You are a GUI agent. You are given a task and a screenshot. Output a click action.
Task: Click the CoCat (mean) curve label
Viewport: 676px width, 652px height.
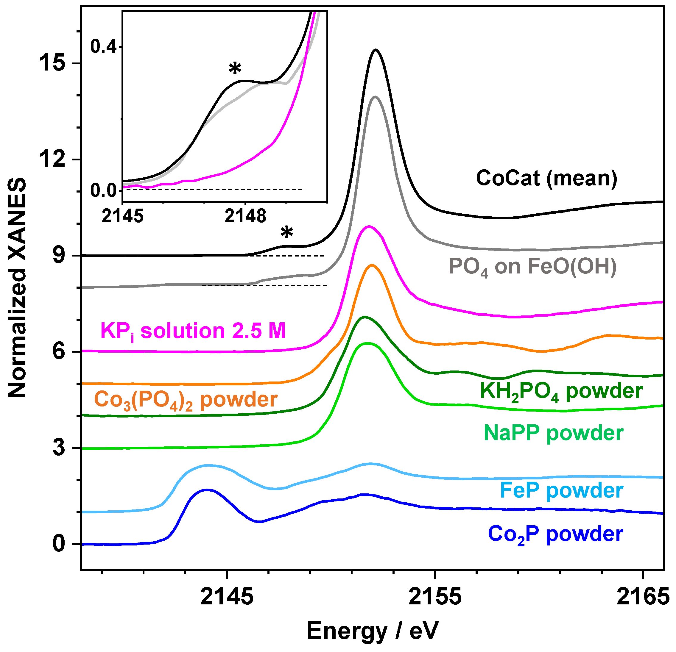pyautogui.click(x=546, y=179)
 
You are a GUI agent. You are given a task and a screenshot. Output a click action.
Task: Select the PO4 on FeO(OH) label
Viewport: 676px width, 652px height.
pyautogui.click(x=532, y=267)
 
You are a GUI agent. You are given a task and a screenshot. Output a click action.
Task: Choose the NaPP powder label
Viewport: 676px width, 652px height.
pyautogui.click(x=553, y=433)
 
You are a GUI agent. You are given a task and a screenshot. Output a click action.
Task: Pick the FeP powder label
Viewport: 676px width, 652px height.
pyautogui.click(x=561, y=491)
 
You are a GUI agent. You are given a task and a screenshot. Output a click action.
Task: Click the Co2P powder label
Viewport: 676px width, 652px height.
pyautogui.click(x=555, y=534)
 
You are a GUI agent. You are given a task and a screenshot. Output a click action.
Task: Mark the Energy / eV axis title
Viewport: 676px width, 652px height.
pyautogui.click(x=372, y=631)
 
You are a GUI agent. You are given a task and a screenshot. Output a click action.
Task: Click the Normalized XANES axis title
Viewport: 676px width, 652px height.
pyautogui.click(x=17, y=287)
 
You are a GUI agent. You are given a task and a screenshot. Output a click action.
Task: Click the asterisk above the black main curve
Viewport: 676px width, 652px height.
pyautogui.click(x=286, y=233)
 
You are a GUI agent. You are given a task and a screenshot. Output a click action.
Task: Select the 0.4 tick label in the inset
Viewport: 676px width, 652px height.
pyautogui.click(x=103, y=46)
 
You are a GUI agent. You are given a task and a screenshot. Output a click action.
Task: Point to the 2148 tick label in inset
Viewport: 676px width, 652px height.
pyautogui.click(x=245, y=216)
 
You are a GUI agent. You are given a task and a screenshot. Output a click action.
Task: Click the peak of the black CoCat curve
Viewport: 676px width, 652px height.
pyautogui.click(x=376, y=50)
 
